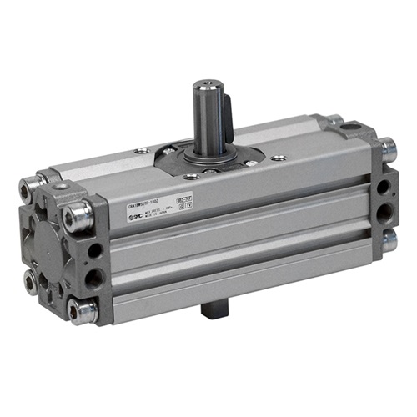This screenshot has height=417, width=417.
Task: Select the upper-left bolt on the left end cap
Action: pyautogui.click(x=34, y=183)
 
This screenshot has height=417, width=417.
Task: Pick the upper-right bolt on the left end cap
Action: pyautogui.click(x=78, y=216)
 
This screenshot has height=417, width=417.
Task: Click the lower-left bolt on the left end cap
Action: pyautogui.click(x=30, y=283)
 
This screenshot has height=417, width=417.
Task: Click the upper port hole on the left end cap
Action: pyautogui.click(x=94, y=249)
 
